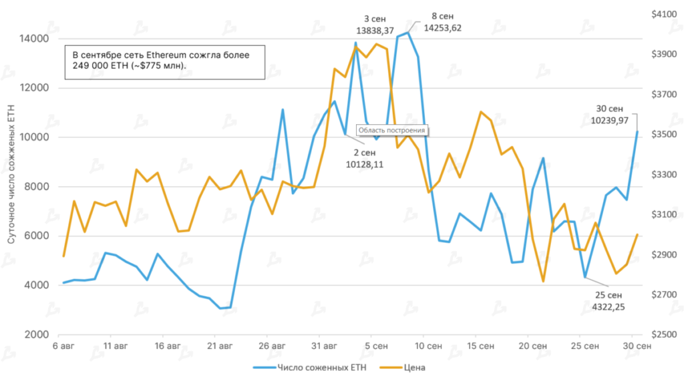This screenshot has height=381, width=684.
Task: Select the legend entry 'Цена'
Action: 414,367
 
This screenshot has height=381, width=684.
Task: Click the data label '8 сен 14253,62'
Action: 443,23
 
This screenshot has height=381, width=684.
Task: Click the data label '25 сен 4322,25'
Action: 607,301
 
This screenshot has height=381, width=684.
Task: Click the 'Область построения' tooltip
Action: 392,131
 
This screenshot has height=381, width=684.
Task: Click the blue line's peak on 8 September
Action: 407,32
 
